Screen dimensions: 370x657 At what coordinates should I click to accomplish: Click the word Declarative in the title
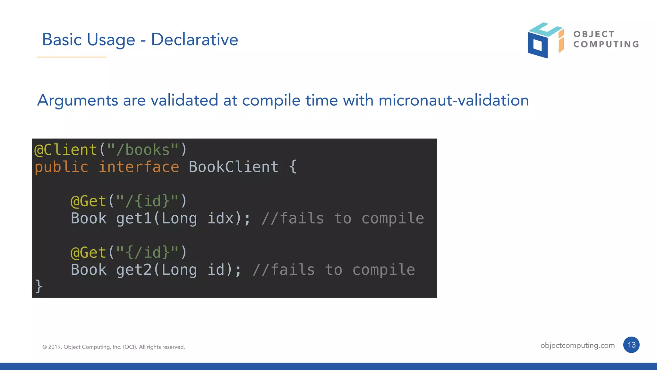click(194, 39)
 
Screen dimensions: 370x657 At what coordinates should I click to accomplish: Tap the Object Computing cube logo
click(545, 40)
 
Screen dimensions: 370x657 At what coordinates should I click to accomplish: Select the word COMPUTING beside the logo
click(606, 44)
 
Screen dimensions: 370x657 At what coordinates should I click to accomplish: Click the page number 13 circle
click(631, 345)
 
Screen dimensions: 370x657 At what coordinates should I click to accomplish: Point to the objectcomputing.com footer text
click(577, 345)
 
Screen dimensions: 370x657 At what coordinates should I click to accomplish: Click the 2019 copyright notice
click(114, 347)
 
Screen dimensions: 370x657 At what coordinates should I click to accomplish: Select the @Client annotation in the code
click(66, 150)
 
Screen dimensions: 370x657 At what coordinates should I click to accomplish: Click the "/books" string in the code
click(143, 150)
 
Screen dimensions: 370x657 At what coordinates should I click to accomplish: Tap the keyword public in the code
click(61, 167)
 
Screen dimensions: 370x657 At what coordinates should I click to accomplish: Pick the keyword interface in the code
click(139, 167)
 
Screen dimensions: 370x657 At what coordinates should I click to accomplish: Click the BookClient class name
click(234, 167)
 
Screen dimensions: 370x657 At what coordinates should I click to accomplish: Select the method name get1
click(134, 219)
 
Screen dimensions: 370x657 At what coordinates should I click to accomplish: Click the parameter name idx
click(220, 219)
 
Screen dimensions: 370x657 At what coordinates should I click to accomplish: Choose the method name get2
click(134, 270)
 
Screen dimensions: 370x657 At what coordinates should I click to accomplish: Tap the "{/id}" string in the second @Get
click(147, 253)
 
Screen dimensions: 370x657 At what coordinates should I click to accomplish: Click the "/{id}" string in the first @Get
click(147, 201)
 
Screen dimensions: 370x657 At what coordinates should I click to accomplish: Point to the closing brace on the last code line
click(38, 286)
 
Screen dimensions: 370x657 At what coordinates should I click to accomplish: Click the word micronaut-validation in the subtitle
click(454, 100)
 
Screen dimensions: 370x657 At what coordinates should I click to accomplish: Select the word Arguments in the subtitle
click(78, 100)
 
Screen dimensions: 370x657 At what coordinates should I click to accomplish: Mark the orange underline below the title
click(72, 57)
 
